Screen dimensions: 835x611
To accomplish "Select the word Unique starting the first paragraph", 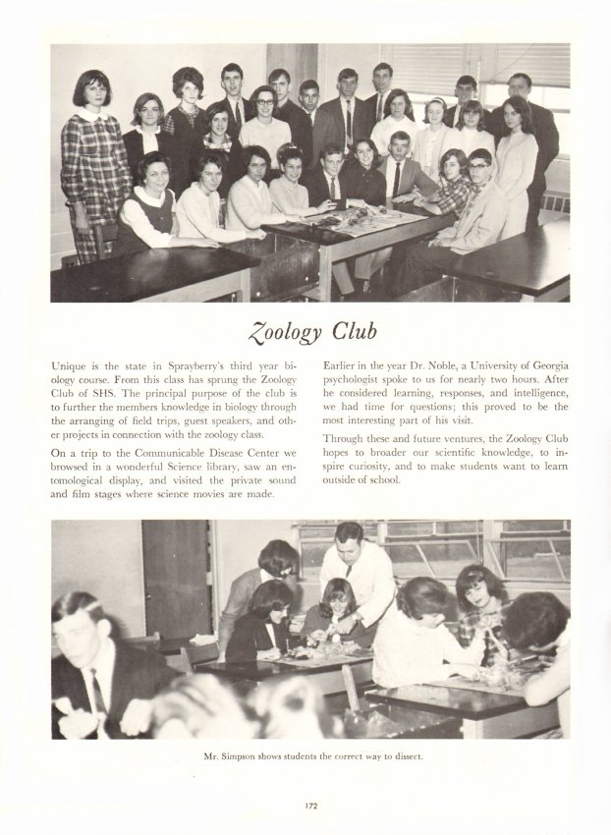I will (x=71, y=365).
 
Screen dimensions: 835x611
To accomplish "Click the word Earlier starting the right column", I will (x=342, y=365).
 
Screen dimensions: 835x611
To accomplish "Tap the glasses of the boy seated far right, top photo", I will (x=478, y=163).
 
